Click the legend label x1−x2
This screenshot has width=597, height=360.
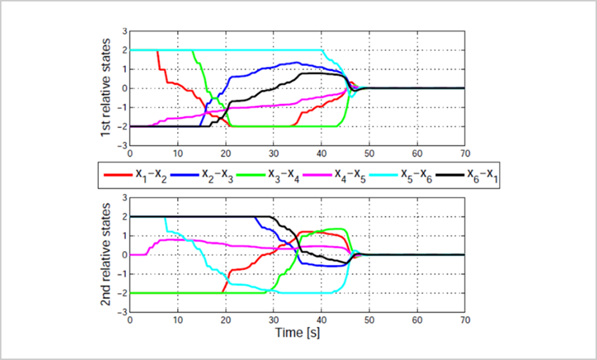[x=150, y=174]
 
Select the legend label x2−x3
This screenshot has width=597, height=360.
[x=217, y=174]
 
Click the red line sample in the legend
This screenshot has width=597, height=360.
[x=116, y=174]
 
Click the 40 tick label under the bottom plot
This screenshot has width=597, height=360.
[x=321, y=320]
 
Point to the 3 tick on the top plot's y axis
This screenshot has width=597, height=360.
[x=124, y=31]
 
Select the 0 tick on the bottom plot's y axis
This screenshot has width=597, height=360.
[x=124, y=255]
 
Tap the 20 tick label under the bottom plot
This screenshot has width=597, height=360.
[x=225, y=320]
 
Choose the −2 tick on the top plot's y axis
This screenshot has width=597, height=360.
[x=122, y=127]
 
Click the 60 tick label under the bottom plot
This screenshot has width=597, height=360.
[x=417, y=320]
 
